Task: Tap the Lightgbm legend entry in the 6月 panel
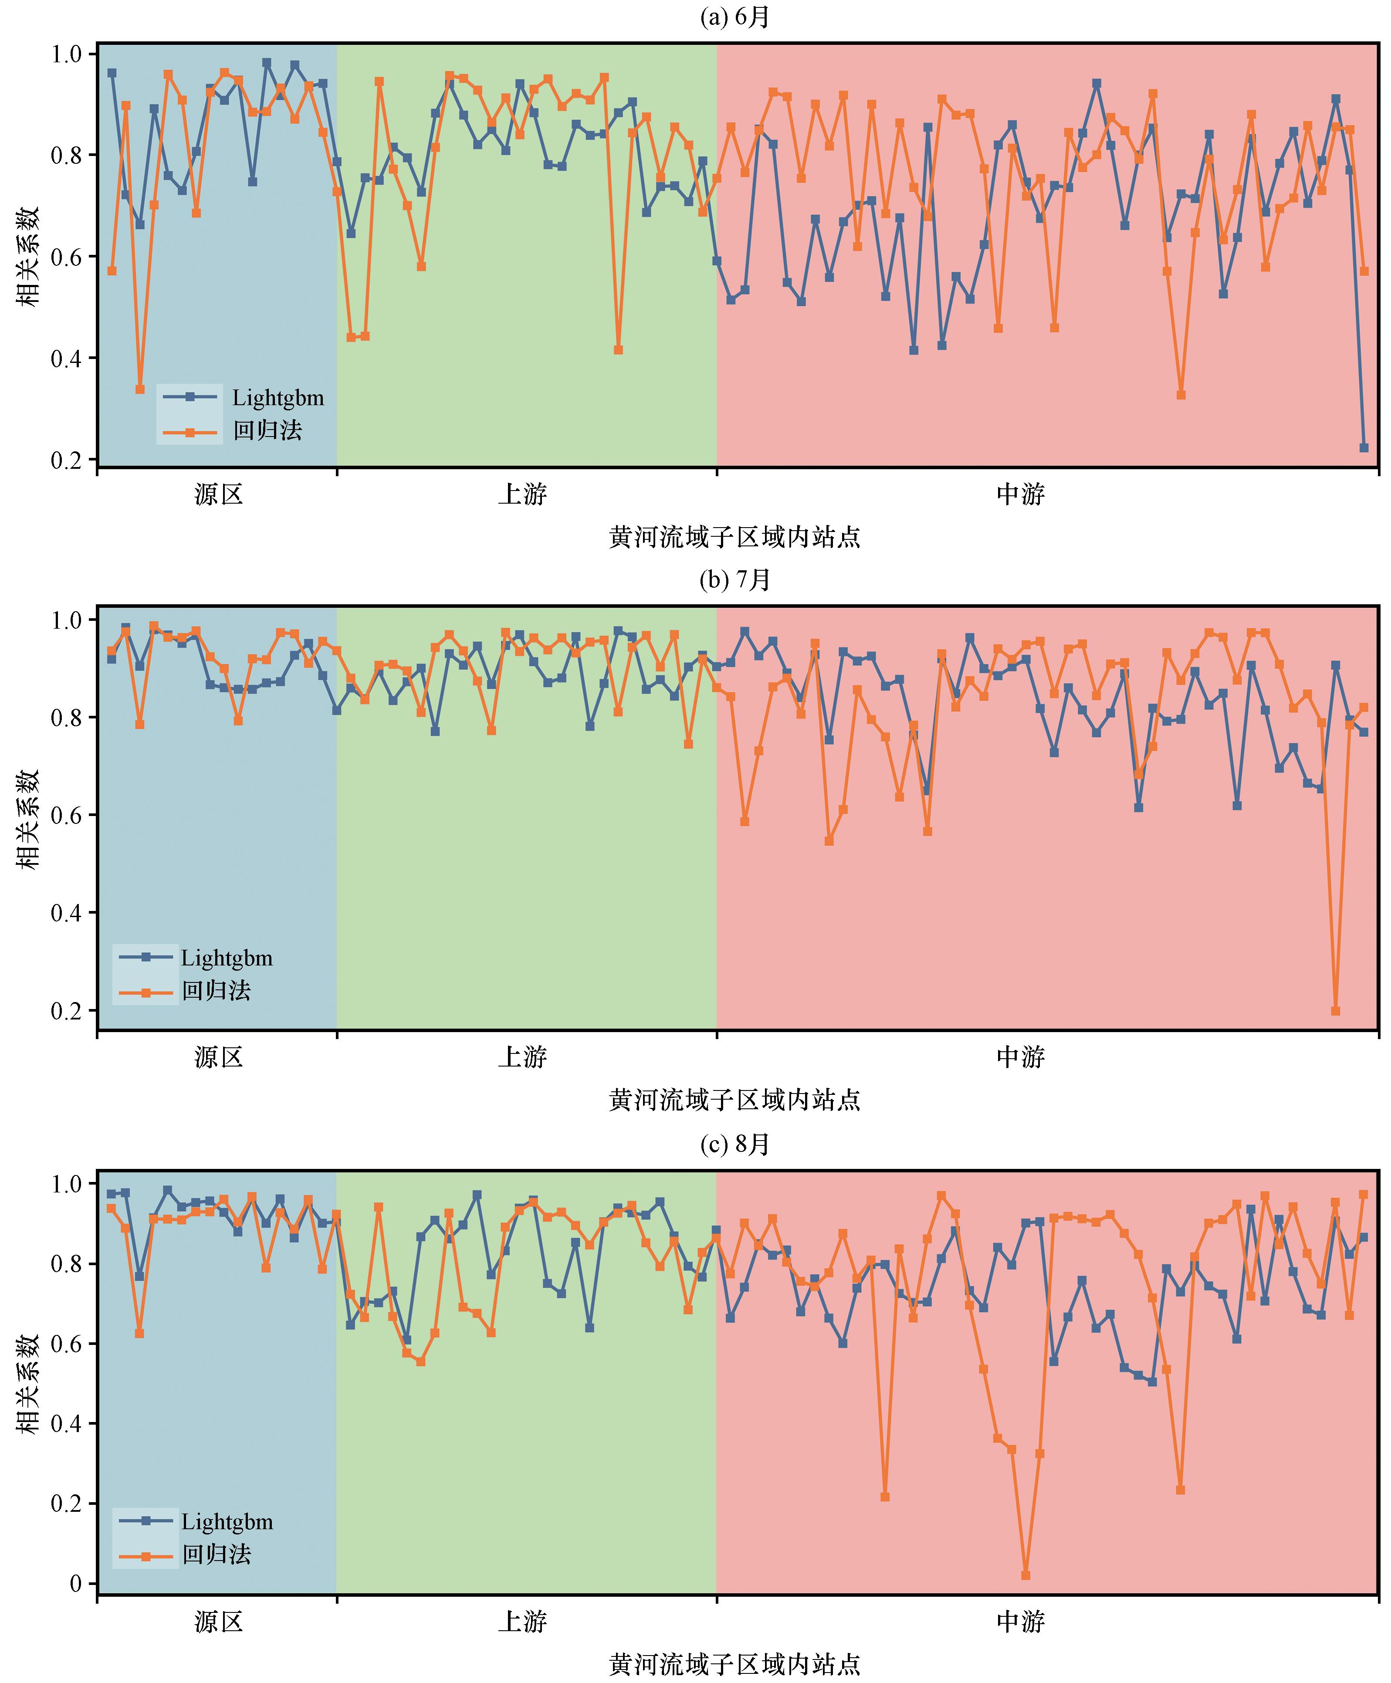[x=277, y=397]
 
